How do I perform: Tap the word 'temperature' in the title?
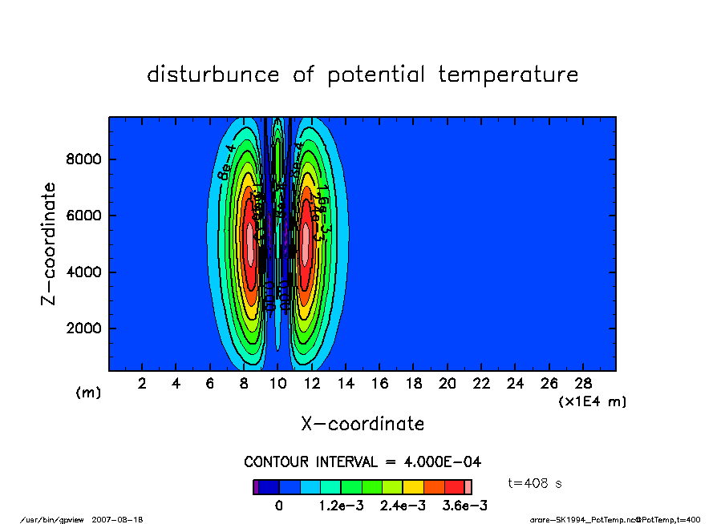pos(508,75)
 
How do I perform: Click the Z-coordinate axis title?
pos(49,243)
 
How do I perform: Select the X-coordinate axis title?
pos(362,424)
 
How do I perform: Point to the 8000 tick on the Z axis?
pos(83,159)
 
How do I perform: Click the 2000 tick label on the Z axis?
pos(83,329)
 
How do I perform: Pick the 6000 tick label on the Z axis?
pos(83,216)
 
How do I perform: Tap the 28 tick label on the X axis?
pos(583,384)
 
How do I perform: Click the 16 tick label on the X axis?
pos(380,384)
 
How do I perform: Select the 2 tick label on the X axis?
pos(143,384)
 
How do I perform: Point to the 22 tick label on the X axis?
pos(482,384)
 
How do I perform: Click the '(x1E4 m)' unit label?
pos(592,401)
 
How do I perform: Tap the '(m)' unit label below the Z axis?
pos(88,393)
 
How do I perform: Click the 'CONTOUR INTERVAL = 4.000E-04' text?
pos(362,462)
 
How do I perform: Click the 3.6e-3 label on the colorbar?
pos(466,506)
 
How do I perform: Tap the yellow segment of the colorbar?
pos(413,486)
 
